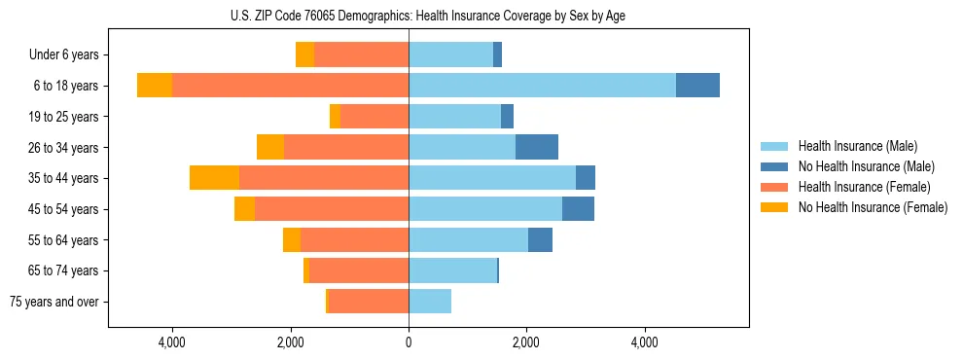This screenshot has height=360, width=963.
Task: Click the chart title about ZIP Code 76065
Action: click(x=427, y=16)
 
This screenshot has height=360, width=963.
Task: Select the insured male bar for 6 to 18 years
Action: click(x=542, y=86)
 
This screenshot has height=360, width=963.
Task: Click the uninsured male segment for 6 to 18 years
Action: click(x=697, y=86)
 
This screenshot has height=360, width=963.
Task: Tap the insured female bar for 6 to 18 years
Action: click(x=290, y=86)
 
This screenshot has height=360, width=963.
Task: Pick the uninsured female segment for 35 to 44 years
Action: click(x=214, y=178)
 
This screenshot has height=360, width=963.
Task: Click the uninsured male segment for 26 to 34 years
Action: click(x=536, y=147)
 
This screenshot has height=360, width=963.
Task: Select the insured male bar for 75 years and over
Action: click(x=430, y=302)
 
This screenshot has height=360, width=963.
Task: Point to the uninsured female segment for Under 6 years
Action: click(x=304, y=55)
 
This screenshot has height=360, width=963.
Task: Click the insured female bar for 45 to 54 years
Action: click(x=332, y=209)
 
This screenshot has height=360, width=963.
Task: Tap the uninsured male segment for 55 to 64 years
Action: click(x=540, y=239)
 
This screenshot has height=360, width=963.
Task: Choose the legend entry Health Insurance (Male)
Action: click(x=857, y=146)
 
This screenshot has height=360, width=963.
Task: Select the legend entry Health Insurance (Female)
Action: click(x=864, y=187)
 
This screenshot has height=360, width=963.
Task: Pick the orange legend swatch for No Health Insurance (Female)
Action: click(x=774, y=207)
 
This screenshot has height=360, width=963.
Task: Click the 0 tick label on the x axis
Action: click(x=409, y=343)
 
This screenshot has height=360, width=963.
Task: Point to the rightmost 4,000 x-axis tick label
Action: click(x=645, y=343)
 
